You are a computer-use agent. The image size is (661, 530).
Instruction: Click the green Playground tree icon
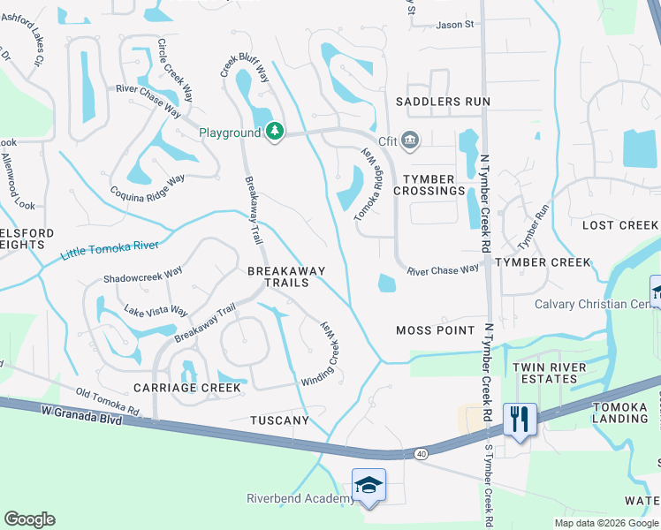point(275,132)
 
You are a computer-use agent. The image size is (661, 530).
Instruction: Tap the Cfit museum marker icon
point(409,140)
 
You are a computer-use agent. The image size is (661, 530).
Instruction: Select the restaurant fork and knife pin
point(520,419)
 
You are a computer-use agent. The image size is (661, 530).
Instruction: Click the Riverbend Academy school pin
point(368,485)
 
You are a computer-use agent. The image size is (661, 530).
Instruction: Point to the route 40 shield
point(420,453)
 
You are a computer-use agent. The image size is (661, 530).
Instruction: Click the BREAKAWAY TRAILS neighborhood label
point(285,276)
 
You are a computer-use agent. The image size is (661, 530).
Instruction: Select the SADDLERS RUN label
point(442,102)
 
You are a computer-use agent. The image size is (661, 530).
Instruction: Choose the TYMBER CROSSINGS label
point(429,184)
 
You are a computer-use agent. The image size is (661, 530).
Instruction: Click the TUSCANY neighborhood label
point(279,420)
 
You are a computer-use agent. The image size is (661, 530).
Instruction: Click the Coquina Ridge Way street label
point(147,185)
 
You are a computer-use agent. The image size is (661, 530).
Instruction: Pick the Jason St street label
point(456,25)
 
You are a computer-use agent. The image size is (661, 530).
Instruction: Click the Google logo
point(29,519)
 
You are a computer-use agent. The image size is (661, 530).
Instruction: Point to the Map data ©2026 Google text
point(605,523)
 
